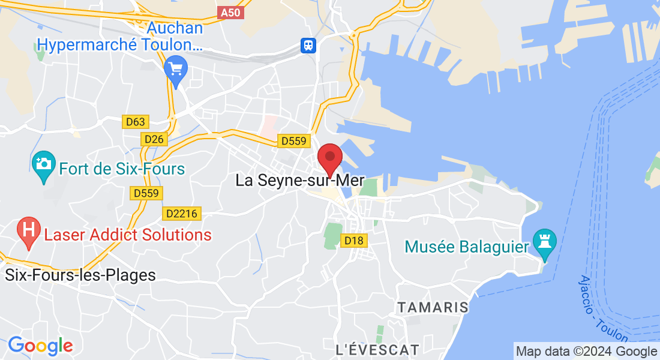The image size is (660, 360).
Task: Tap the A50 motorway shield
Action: [x=232, y=13]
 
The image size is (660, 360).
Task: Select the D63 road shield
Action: [x=136, y=122]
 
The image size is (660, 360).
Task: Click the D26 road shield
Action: [x=154, y=139]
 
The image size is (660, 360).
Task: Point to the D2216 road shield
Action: [x=182, y=213]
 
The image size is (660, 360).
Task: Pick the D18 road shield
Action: [x=354, y=241]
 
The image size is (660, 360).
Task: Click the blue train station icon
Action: [x=308, y=46]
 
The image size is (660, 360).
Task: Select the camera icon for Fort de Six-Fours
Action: [x=44, y=164]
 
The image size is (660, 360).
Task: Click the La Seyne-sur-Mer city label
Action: [x=300, y=180]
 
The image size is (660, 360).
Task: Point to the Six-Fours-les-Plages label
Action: [x=80, y=275]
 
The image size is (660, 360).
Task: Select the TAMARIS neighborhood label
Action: [x=433, y=307]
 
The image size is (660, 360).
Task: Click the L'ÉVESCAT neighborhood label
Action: [x=377, y=349]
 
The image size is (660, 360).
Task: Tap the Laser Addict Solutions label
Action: [x=128, y=235]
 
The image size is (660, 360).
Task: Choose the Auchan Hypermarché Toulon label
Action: [x=120, y=36]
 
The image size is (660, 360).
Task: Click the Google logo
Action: [x=40, y=346]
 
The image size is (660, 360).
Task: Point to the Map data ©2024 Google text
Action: [x=587, y=352]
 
